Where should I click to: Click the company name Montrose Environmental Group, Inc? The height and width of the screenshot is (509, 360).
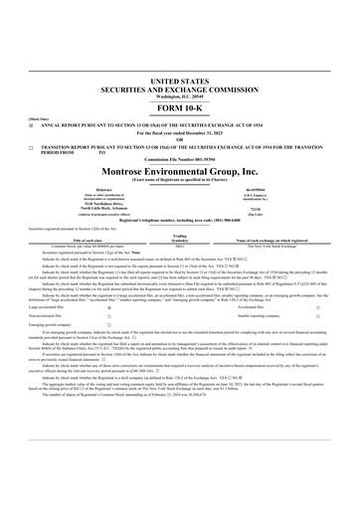[x=180, y=170]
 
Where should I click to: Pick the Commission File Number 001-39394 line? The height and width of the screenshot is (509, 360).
[x=180, y=157]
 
